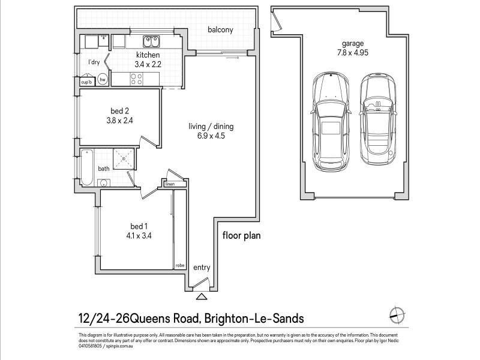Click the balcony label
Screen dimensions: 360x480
pos(220,30)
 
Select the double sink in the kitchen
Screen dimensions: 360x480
pos(151,41)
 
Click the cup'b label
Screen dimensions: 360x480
pos(86,82)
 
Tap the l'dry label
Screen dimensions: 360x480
pos(94,62)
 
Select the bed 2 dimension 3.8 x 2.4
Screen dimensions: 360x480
pos(120,119)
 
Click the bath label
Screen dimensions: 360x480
pos(104,169)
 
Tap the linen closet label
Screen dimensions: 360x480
pos(170,185)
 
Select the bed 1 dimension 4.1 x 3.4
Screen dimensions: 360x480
pos(139,235)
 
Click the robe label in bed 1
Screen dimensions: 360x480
pos(179,265)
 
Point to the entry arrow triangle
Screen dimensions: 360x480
pos(200,295)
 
